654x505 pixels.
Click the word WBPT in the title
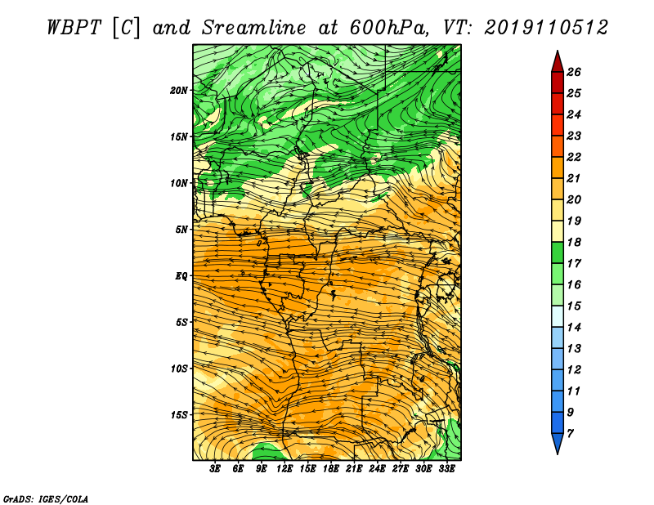[x=74, y=28]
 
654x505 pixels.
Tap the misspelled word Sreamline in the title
[x=253, y=28]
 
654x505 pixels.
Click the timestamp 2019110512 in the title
[x=546, y=28]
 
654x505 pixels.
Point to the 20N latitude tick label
[x=179, y=91]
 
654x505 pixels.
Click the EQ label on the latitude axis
[x=181, y=276]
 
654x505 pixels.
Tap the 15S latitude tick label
[x=179, y=415]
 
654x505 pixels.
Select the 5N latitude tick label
[x=181, y=230]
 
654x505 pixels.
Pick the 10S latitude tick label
[x=179, y=369]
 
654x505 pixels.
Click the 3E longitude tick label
[x=215, y=469]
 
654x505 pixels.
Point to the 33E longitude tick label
[x=446, y=469]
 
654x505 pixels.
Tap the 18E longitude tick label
[x=331, y=469]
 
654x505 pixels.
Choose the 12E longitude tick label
[x=284, y=469]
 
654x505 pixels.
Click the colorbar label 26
[x=574, y=72]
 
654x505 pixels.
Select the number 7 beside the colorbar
[x=570, y=434]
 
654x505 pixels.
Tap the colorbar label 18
[x=574, y=242]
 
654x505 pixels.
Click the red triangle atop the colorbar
[x=558, y=61]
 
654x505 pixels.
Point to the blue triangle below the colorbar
[x=558, y=444]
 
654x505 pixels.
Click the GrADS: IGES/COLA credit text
[x=46, y=498]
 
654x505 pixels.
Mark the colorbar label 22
[x=574, y=157]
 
